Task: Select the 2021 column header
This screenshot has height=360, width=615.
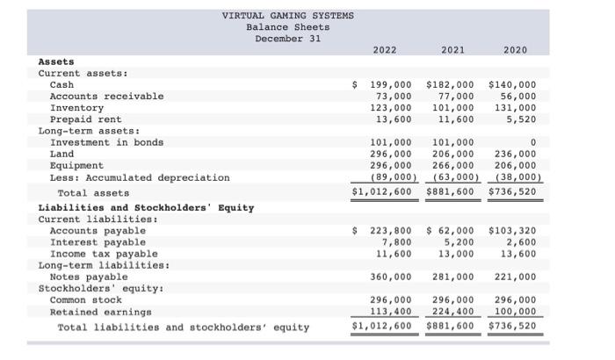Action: pyautogui.click(x=452, y=50)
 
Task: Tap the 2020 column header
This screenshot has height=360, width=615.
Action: pyautogui.click(x=515, y=50)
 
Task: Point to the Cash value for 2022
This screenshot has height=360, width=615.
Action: pyautogui.click(x=389, y=84)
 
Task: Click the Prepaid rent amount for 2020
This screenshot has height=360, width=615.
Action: pyautogui.click(x=522, y=119)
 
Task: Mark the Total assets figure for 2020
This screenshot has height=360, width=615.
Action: pyautogui.click(x=510, y=192)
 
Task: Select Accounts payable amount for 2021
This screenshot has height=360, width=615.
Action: pyautogui.click(x=452, y=231)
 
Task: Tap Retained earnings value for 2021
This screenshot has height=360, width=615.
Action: pyautogui.click(x=452, y=311)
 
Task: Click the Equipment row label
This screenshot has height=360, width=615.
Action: pyautogui.click(x=76, y=165)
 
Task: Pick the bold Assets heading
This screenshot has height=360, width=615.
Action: pyautogui.click(x=56, y=61)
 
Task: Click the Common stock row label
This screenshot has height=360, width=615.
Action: pyautogui.click(x=86, y=299)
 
